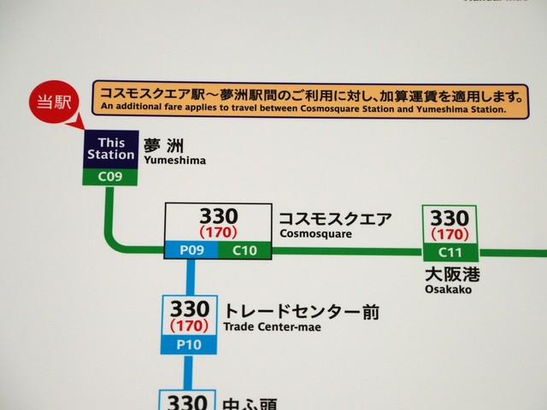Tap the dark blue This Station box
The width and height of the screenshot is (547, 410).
tap(110, 149)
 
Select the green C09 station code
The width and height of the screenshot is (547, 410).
tap(110, 177)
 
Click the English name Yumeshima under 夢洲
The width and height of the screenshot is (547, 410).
tap(175, 160)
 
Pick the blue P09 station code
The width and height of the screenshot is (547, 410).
tap(191, 250)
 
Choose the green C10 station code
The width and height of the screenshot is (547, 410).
tap(244, 250)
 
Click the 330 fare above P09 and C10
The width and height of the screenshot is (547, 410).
tap(218, 216)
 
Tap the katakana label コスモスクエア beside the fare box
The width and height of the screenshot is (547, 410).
tap(335, 219)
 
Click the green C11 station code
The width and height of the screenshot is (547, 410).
tap(450, 252)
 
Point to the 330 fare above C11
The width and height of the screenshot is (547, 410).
tap(450, 218)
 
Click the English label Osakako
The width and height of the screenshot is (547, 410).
tap(447, 290)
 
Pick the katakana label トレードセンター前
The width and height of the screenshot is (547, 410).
tap(301, 312)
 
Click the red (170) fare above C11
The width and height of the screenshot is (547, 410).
tap(450, 233)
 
